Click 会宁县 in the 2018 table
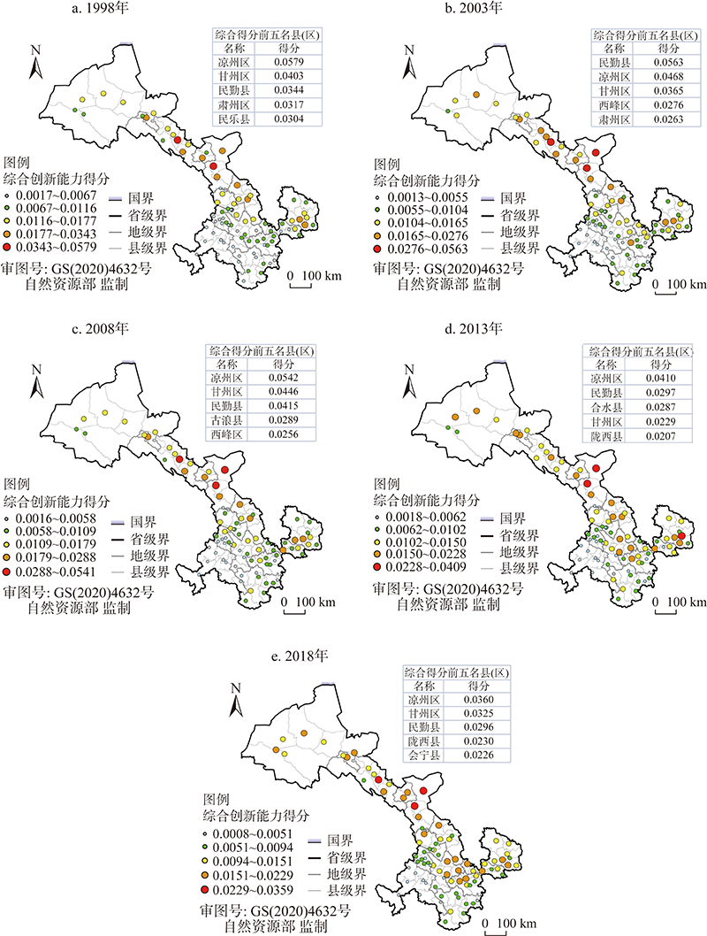tap(422, 755)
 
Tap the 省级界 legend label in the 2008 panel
tap(146, 538)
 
